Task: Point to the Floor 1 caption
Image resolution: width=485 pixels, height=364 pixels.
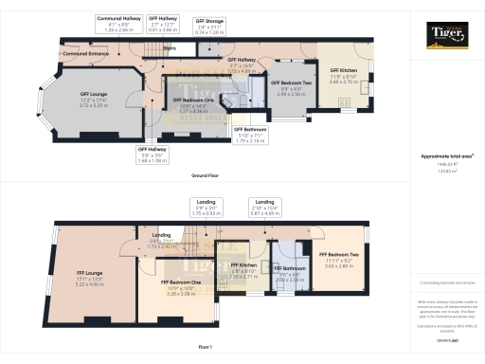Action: click(206, 347)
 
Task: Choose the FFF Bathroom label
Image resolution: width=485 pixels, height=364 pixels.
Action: click(287, 276)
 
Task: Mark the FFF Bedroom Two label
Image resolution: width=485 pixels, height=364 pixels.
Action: click(338, 258)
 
